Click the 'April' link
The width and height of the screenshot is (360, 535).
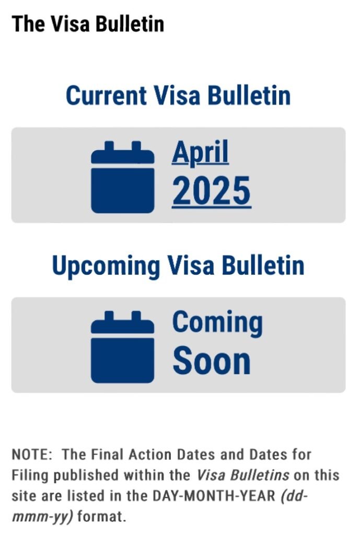(200, 153)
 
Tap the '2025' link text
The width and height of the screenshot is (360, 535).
(212, 191)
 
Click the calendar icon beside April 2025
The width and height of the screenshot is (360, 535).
(122, 177)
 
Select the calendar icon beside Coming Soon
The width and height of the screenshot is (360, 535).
(122, 347)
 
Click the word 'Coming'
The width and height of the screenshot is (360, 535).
(218, 323)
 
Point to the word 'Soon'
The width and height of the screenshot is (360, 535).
(212, 360)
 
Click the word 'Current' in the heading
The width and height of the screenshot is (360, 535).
(106, 95)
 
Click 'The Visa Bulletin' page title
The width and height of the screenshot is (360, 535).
(88, 24)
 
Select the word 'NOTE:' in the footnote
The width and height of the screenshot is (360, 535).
(32, 455)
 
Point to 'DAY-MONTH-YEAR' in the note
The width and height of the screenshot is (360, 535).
(214, 496)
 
